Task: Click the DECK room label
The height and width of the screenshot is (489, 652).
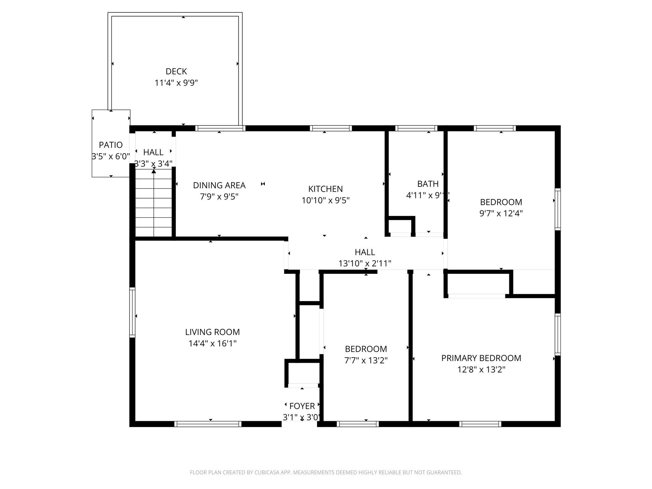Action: (176, 71)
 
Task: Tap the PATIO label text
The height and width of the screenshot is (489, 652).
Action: (111, 145)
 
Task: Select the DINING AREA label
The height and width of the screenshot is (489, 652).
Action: (219, 185)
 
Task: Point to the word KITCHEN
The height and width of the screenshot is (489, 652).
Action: (325, 189)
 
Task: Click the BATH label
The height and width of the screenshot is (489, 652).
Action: (428, 184)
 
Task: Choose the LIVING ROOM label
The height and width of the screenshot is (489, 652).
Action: (212, 332)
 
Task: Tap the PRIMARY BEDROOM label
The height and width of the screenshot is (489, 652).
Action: (481, 358)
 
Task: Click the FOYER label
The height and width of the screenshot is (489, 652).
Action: (302, 406)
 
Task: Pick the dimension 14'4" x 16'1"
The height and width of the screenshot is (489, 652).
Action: (212, 344)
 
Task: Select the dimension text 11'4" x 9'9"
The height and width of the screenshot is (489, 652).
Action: (176, 83)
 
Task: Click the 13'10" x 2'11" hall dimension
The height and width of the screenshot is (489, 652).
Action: (365, 264)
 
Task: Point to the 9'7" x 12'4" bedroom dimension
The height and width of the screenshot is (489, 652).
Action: (501, 213)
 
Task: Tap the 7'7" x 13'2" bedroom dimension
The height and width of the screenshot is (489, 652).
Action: (366, 360)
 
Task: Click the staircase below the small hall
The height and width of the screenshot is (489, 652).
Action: (154, 203)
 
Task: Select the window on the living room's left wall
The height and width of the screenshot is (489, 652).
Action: (132, 312)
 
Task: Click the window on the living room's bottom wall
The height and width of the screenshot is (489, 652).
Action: (208, 424)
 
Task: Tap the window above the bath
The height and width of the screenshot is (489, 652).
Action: (416, 128)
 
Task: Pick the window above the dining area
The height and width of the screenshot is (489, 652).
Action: (220, 128)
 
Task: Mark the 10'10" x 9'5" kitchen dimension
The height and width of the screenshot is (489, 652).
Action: (325, 200)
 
